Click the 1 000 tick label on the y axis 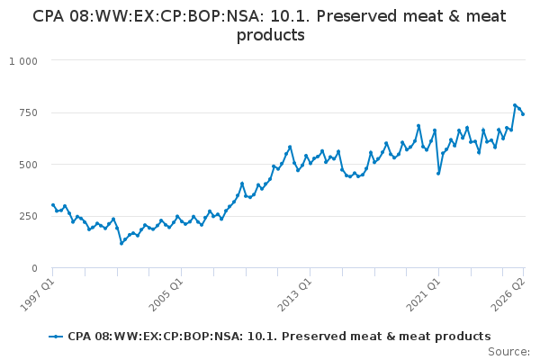(x=23, y=61)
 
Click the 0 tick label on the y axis (x=34, y=268)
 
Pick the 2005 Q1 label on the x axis (x=166, y=294)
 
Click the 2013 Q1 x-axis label (x=295, y=294)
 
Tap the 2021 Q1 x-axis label (x=424, y=294)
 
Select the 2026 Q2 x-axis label (x=508, y=294)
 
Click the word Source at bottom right (x=509, y=352)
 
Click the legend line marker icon (x=56, y=337)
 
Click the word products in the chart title (x=271, y=35)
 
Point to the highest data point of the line (x=515, y=105)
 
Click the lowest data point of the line (x=121, y=244)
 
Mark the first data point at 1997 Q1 (x=53, y=205)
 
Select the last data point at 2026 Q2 (x=523, y=114)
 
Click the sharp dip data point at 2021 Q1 (x=438, y=174)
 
